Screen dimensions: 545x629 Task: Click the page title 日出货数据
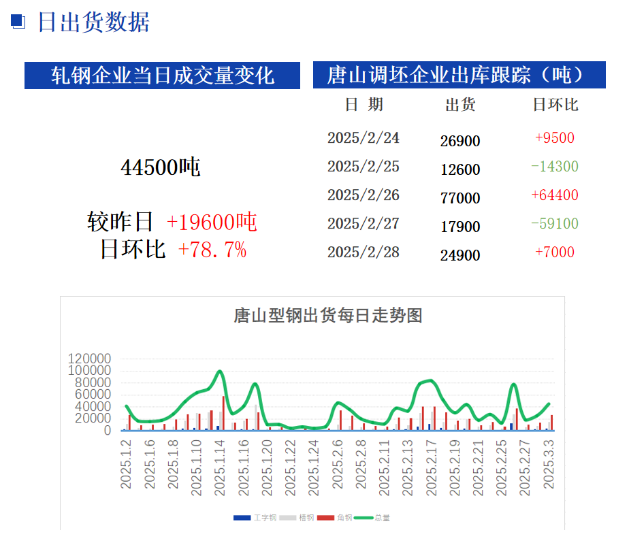coord(93,22)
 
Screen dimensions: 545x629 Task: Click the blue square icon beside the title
coord(18,22)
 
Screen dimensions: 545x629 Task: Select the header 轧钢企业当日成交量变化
coord(163,75)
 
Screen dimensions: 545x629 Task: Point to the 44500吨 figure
coord(161,167)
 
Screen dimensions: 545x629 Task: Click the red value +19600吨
coord(212,221)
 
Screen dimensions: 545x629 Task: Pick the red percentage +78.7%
coord(212,250)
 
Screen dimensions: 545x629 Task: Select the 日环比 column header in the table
coord(555,105)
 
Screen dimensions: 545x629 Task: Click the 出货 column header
coord(460,105)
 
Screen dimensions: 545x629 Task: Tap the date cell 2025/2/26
coord(364,195)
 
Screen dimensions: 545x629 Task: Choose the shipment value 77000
coord(460,198)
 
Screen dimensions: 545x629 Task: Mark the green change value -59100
coord(555,224)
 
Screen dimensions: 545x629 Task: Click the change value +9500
coord(555,138)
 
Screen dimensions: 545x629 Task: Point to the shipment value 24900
coord(460,255)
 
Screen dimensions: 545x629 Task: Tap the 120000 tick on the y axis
coord(89,359)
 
